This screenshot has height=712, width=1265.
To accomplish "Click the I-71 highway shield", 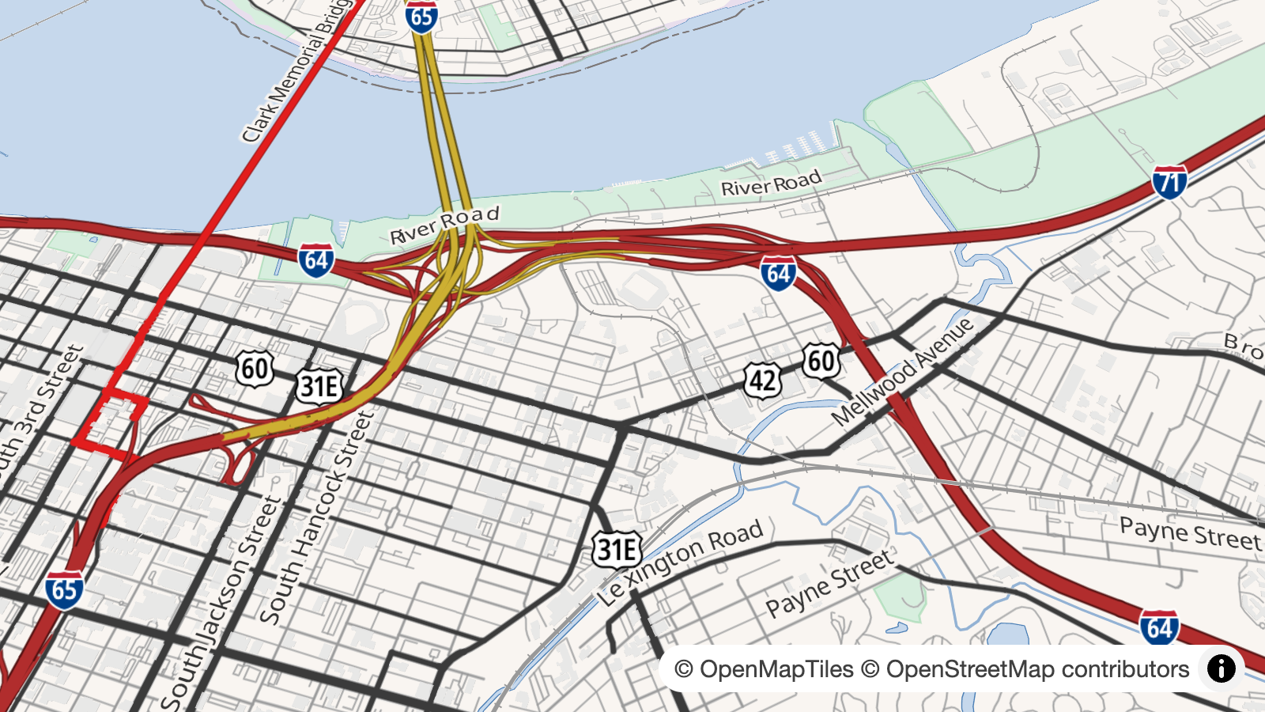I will (x=1169, y=182).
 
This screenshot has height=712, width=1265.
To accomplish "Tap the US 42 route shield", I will (x=763, y=381).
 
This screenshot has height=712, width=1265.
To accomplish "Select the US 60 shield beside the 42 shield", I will (x=821, y=361).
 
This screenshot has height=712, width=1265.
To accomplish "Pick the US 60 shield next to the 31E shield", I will (x=255, y=369).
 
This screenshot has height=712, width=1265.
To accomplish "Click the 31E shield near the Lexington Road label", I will (x=617, y=549).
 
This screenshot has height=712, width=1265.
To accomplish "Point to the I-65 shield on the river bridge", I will (x=421, y=17).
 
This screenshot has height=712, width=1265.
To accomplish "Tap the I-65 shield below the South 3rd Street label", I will (x=64, y=589).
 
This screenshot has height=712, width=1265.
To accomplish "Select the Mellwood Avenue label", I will (x=902, y=371).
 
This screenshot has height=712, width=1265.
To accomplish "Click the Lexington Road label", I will (x=680, y=562).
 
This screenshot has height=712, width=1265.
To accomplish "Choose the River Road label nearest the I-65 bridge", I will (x=444, y=225).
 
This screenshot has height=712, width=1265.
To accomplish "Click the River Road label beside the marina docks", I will (x=771, y=184).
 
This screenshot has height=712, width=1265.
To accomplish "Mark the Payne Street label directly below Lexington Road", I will (x=829, y=584).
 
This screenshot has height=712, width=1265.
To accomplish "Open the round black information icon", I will (x=1221, y=668).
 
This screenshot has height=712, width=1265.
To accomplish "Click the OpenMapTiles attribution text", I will (x=764, y=669).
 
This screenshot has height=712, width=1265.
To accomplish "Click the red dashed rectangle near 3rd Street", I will (x=110, y=424).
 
